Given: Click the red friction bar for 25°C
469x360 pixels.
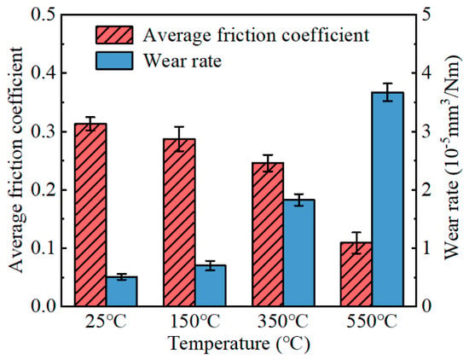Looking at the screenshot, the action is (x=90, y=215).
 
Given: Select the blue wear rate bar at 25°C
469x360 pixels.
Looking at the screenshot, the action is (x=122, y=292).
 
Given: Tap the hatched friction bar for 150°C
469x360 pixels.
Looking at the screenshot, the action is (x=179, y=223).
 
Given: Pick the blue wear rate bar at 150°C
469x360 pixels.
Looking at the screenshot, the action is (x=211, y=286).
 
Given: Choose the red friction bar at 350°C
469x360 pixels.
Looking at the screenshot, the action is (x=268, y=235).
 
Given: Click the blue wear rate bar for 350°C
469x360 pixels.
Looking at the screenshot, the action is (x=299, y=253).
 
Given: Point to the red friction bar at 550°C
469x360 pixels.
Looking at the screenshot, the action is (x=356, y=274).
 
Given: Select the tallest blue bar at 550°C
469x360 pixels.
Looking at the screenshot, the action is (x=388, y=200).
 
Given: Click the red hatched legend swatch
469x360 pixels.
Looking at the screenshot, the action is (x=114, y=35).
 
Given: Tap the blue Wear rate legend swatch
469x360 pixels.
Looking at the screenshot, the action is (x=114, y=61).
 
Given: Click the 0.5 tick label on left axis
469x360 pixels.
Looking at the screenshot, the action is (x=45, y=15).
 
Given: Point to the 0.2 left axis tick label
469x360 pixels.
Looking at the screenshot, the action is (x=45, y=190).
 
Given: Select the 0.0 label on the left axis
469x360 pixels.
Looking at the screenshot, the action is (x=45, y=306).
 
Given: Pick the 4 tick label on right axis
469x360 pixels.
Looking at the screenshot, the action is (x=426, y=73).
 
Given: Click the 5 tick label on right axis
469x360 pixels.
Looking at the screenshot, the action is (x=426, y=15).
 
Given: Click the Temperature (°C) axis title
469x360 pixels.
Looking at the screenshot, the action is (x=240, y=344).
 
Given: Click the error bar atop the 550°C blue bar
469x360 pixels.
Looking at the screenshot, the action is (x=388, y=92).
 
